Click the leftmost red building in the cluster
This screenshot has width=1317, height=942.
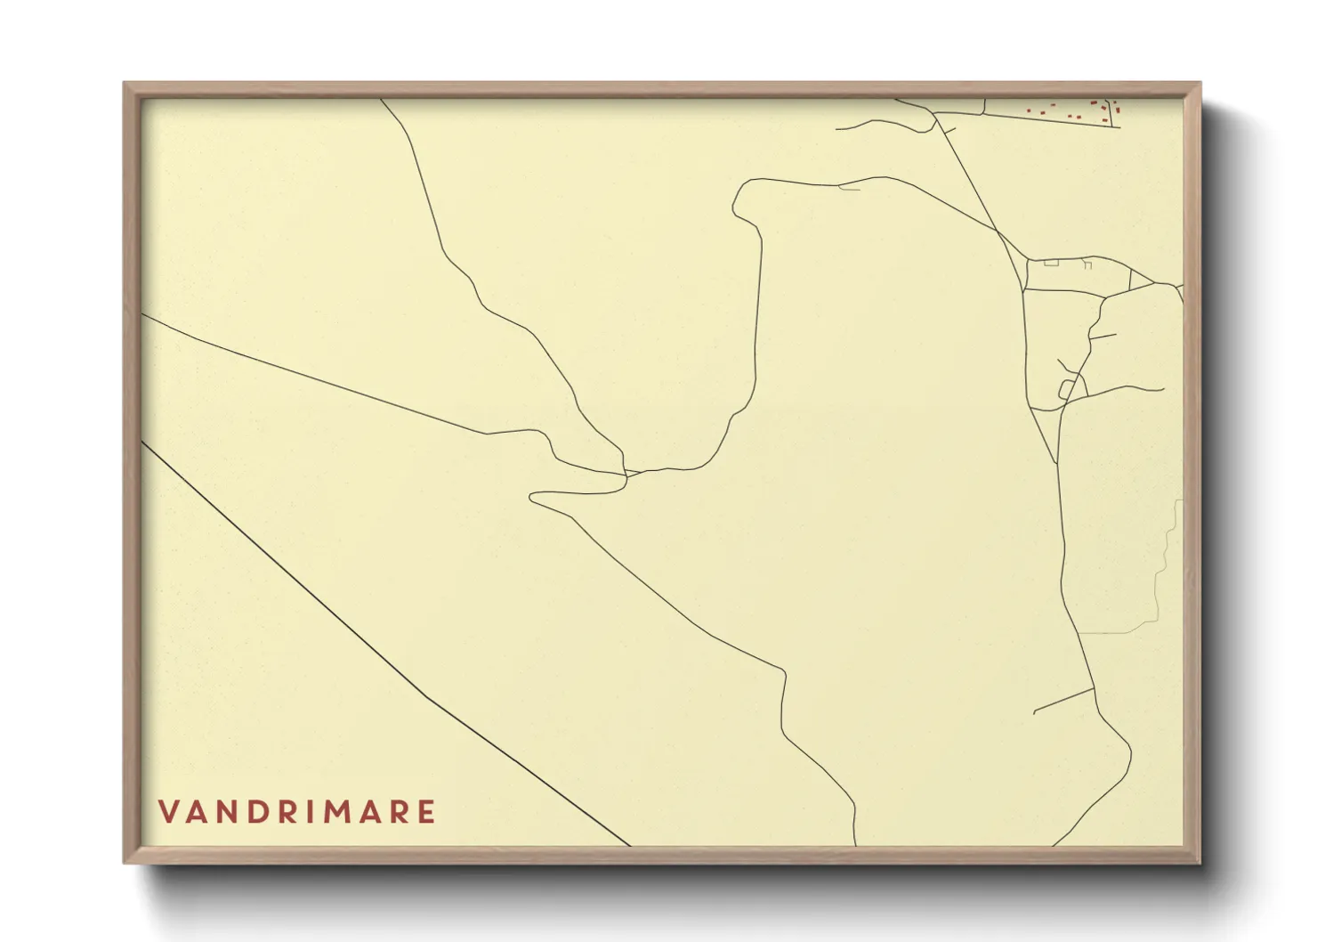coord(1029,111)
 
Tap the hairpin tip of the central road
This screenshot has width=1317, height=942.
coord(532,497)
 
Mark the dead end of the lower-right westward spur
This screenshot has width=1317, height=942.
coord(1035,713)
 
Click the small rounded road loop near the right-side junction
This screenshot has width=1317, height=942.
coord(1066,389)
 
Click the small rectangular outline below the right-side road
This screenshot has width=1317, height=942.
coord(1051,263)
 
